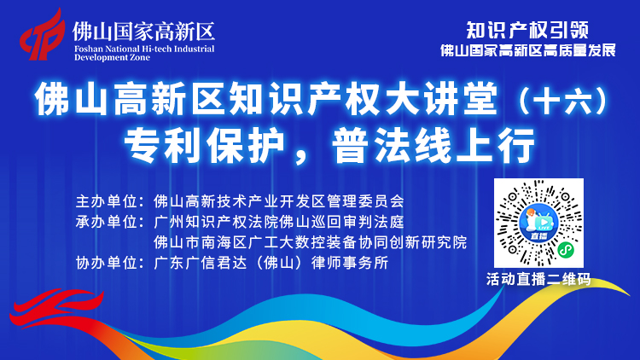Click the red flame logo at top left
43,36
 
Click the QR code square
538,223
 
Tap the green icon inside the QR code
566,250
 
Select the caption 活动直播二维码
538,280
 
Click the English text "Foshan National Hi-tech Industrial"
144,49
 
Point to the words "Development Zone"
112,57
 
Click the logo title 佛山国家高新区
143,32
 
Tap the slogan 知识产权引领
527,30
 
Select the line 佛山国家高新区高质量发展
527,50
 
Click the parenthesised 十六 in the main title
563,100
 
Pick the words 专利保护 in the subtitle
204,145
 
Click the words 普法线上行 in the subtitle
433,145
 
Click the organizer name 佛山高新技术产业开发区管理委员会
279,201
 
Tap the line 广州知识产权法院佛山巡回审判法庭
279,222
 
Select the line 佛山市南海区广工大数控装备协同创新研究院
311,242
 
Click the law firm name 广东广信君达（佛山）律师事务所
271,263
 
